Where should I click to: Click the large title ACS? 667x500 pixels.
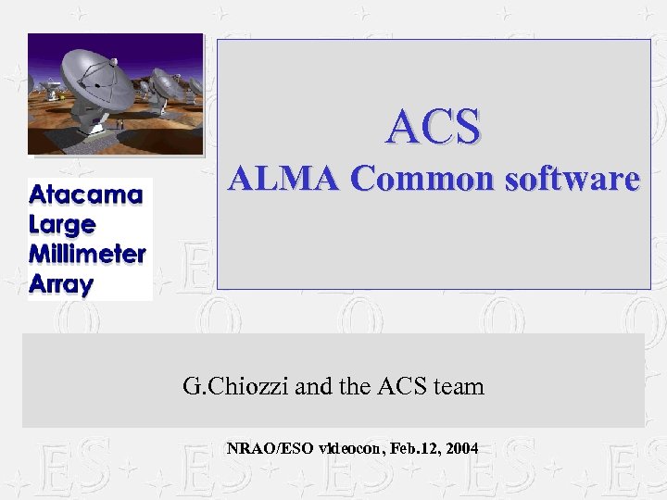coord(434,127)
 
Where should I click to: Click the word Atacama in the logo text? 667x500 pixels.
coord(86,195)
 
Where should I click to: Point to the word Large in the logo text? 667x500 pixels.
coord(62,224)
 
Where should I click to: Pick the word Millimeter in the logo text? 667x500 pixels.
coord(87,254)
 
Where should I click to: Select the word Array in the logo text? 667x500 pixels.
coord(61,284)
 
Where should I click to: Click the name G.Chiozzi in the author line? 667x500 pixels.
coord(236,385)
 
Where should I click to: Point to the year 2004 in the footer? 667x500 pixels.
coord(461,449)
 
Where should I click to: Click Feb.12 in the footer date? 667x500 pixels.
coord(415,449)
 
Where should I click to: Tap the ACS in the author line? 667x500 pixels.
coord(400,385)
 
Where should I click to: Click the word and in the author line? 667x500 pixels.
coord(312,385)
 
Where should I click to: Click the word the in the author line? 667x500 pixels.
coord(356,385)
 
